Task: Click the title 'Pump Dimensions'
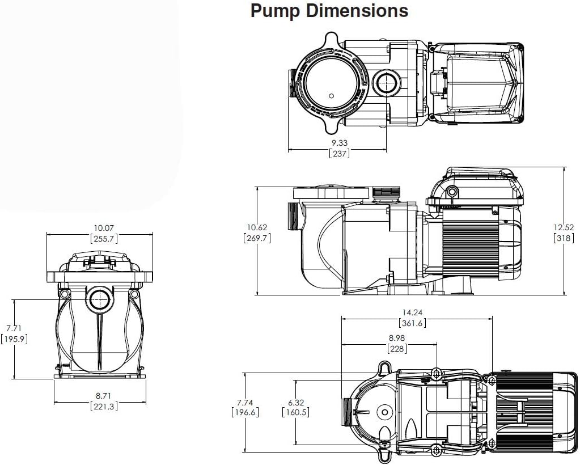pos(329,11)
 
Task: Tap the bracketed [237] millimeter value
pos(339,153)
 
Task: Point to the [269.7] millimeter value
pos(256,238)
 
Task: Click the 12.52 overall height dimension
pos(565,227)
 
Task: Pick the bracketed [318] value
pos(565,238)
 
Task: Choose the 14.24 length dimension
pos(412,312)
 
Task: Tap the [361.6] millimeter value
pos(412,323)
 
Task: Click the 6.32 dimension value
pos(295,402)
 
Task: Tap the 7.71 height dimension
pos(14,328)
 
